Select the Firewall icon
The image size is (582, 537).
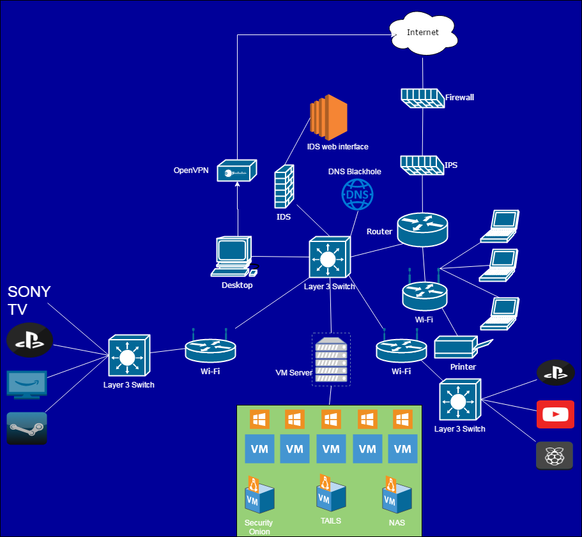[422, 98]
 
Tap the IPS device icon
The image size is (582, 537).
[422, 165]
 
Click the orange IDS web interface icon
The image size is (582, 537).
[328, 117]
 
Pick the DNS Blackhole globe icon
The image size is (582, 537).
[357, 194]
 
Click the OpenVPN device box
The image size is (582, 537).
[236, 171]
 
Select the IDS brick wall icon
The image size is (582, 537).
[284, 186]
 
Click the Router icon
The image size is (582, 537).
[422, 229]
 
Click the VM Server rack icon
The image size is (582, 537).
[331, 359]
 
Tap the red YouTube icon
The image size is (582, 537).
[555, 414]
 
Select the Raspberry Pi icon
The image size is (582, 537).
[555, 455]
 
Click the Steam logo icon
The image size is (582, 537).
[27, 428]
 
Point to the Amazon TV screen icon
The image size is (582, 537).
[26, 384]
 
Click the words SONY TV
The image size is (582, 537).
[29, 301]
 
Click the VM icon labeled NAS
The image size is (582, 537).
[396, 495]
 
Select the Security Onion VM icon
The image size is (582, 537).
[259, 495]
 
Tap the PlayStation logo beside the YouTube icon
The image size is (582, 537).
[555, 373]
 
